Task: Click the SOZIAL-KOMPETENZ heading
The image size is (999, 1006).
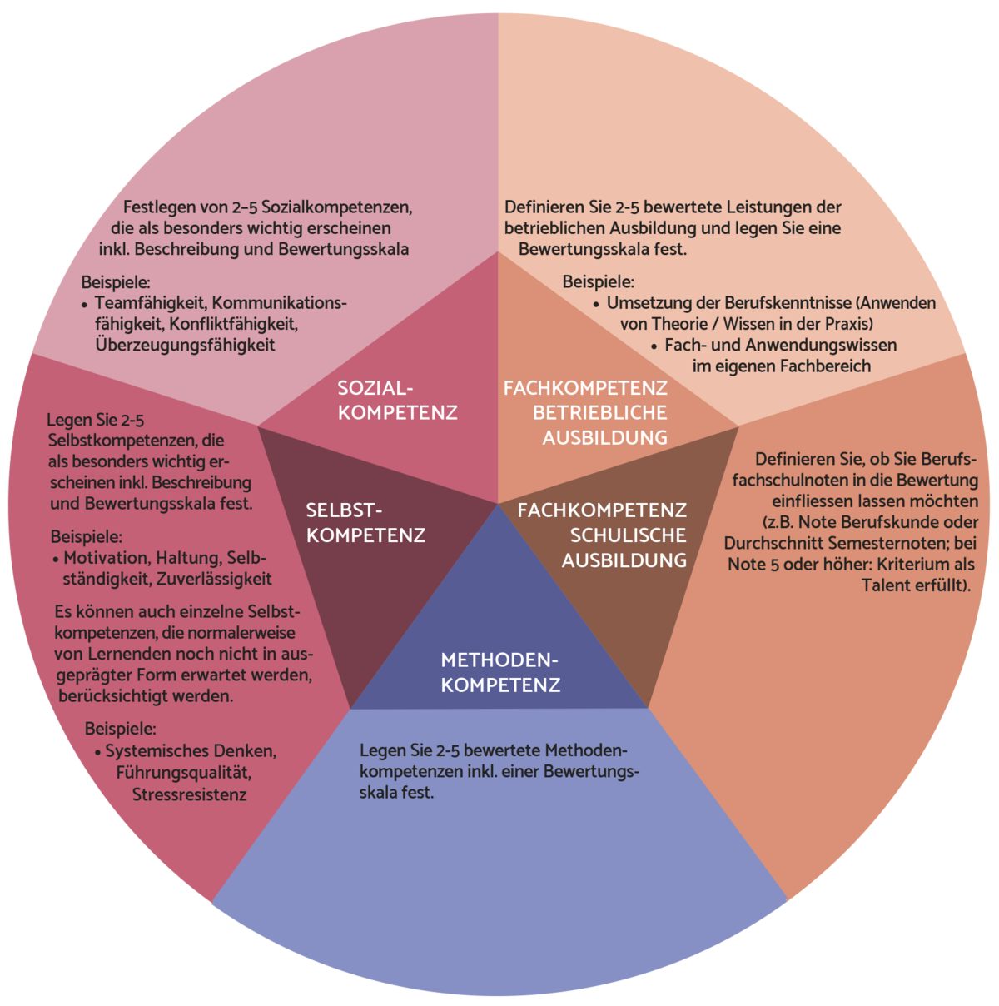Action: click(x=397, y=400)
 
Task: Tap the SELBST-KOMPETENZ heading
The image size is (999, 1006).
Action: click(x=365, y=523)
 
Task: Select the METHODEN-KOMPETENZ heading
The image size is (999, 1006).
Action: click(x=500, y=673)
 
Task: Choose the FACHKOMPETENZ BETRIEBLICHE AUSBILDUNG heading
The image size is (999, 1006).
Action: click(x=585, y=412)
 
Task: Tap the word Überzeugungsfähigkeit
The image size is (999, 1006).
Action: click(x=185, y=345)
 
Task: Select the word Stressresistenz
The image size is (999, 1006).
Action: click(x=190, y=794)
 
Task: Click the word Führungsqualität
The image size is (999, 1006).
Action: click(x=184, y=773)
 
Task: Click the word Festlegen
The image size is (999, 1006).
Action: click(x=158, y=207)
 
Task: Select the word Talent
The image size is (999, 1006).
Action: click(x=888, y=585)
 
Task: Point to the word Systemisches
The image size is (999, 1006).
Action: click(x=157, y=751)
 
